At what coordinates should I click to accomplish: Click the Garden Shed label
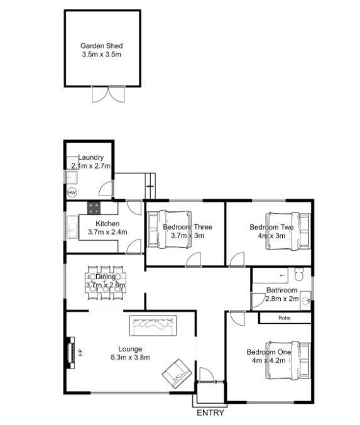tap(102, 46)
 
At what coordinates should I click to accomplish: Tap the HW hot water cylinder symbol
tap(72, 193)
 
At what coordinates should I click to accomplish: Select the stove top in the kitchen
tap(94, 208)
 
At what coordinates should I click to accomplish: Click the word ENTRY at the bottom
tap(210, 413)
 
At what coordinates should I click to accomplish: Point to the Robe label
tap(285, 318)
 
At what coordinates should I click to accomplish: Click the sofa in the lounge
tap(153, 326)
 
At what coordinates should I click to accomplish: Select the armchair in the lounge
tap(177, 374)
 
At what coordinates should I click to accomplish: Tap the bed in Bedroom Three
tap(169, 229)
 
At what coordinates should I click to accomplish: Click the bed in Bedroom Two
tap(288, 231)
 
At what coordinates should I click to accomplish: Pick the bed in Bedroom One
tap(288, 360)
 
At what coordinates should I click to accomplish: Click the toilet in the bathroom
tap(299, 274)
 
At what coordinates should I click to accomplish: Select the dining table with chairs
tap(106, 283)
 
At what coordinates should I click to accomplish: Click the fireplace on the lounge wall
tap(71, 352)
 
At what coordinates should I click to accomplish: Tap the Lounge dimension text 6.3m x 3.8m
tap(130, 358)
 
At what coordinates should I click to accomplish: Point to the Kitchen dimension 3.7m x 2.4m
tap(107, 232)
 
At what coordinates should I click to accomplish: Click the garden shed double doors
tap(108, 94)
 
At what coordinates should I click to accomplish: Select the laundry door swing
tap(106, 189)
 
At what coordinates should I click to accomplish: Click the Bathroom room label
tap(282, 290)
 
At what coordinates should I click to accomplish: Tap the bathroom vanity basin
tap(305, 301)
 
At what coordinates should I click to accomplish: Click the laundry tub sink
tap(72, 178)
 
